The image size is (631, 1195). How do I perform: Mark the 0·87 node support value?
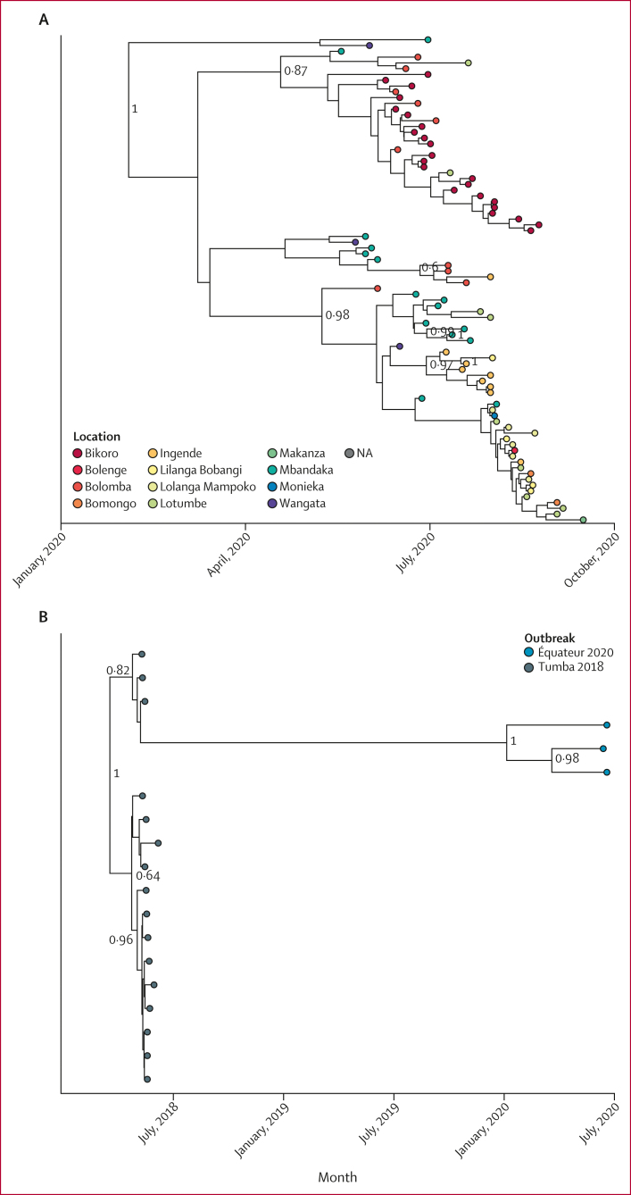point(295,71)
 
